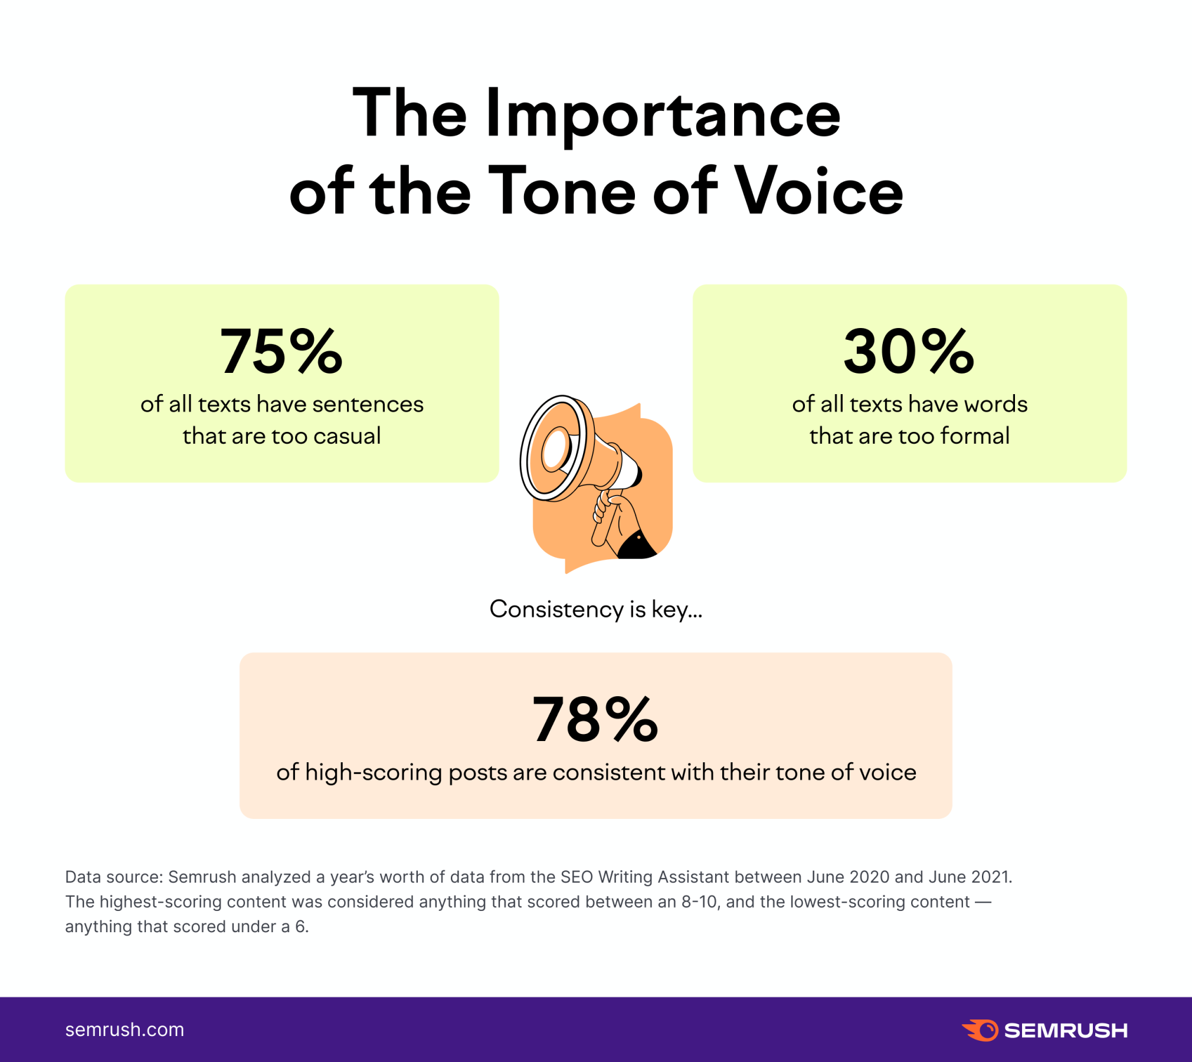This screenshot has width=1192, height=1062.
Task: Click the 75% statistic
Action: coord(281,352)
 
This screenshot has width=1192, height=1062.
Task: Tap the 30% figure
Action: coord(909,352)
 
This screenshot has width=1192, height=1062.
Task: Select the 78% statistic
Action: coord(595,720)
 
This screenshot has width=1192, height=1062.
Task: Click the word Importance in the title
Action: coord(663,114)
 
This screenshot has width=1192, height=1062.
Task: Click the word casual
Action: coord(347,436)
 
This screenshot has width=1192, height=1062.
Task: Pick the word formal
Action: coord(975,436)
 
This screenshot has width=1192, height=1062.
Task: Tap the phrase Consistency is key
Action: coord(595,609)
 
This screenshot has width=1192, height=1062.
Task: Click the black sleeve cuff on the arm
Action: coord(636,546)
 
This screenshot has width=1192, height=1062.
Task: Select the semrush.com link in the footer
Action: coord(125,1030)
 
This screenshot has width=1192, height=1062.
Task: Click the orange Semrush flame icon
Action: coord(981,1030)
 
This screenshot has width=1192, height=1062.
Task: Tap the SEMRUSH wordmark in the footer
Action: coord(1066,1031)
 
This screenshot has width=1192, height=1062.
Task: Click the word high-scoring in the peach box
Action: coord(374,772)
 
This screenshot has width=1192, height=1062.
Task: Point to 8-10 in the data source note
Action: coord(700,902)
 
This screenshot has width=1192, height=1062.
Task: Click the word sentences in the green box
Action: coord(368,404)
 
